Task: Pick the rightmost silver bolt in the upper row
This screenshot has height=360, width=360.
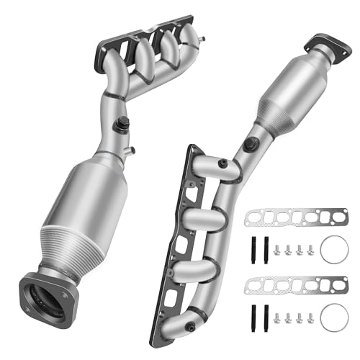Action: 310,250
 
